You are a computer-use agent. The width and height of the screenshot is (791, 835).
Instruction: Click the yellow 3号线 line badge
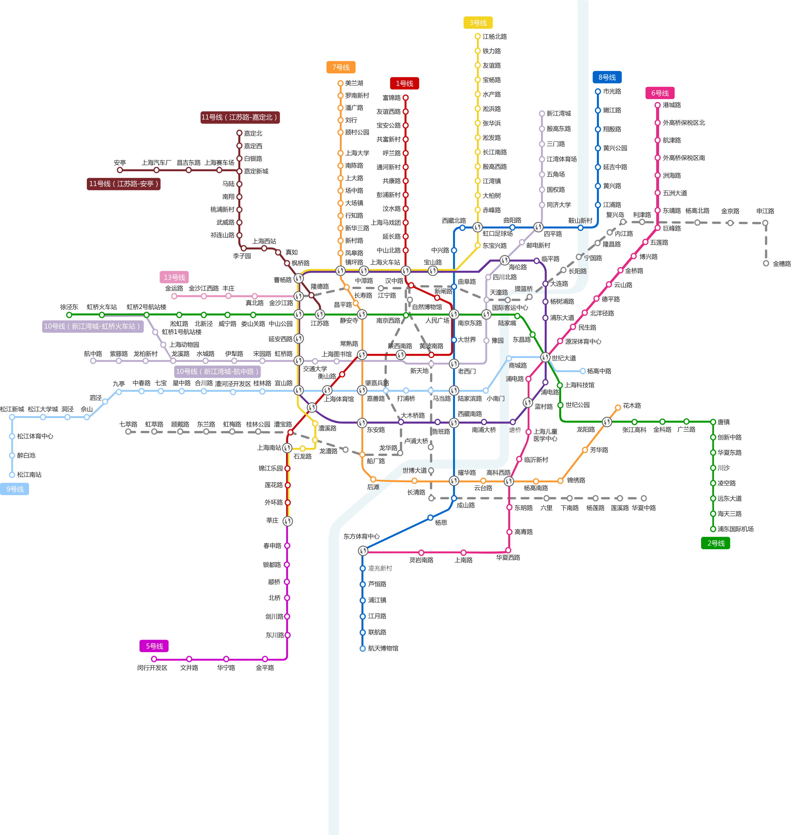(x=478, y=23)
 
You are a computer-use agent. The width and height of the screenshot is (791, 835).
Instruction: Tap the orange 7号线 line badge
(x=341, y=67)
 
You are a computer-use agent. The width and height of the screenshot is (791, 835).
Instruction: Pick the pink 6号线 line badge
(x=660, y=93)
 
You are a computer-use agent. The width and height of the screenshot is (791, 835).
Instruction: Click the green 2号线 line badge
(x=716, y=543)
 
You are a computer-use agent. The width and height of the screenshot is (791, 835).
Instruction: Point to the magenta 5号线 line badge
(x=154, y=646)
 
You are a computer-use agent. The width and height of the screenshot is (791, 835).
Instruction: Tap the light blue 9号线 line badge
(x=15, y=489)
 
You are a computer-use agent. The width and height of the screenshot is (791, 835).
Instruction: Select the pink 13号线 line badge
(x=174, y=277)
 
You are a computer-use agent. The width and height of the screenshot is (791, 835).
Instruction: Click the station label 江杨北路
(x=495, y=37)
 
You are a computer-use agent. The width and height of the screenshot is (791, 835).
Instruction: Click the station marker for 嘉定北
(x=239, y=133)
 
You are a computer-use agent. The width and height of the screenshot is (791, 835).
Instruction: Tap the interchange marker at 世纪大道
(x=545, y=357)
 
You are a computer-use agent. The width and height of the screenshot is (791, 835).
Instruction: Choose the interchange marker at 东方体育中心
(x=363, y=551)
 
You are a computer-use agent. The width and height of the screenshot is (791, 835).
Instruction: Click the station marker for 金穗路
(x=766, y=263)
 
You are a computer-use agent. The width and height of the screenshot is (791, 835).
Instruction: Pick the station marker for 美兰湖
(x=340, y=83)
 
